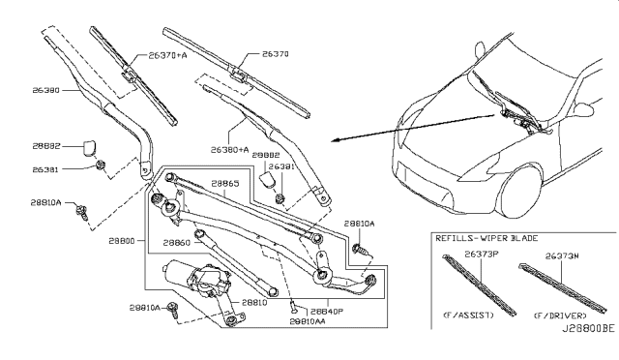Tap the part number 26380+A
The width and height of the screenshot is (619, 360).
click(x=229, y=149)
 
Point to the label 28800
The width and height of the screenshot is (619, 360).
click(x=122, y=239)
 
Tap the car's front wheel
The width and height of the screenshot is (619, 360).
click(x=522, y=194)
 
